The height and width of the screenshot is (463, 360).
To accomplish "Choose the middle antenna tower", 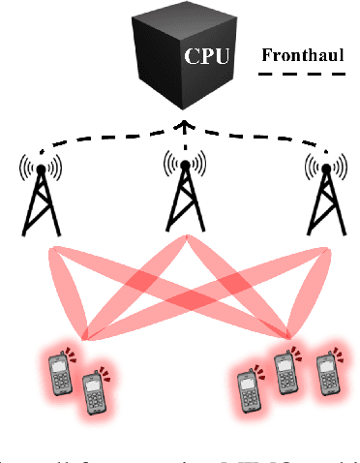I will point(180,199).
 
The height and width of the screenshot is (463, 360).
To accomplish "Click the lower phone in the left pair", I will point(94,393).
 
